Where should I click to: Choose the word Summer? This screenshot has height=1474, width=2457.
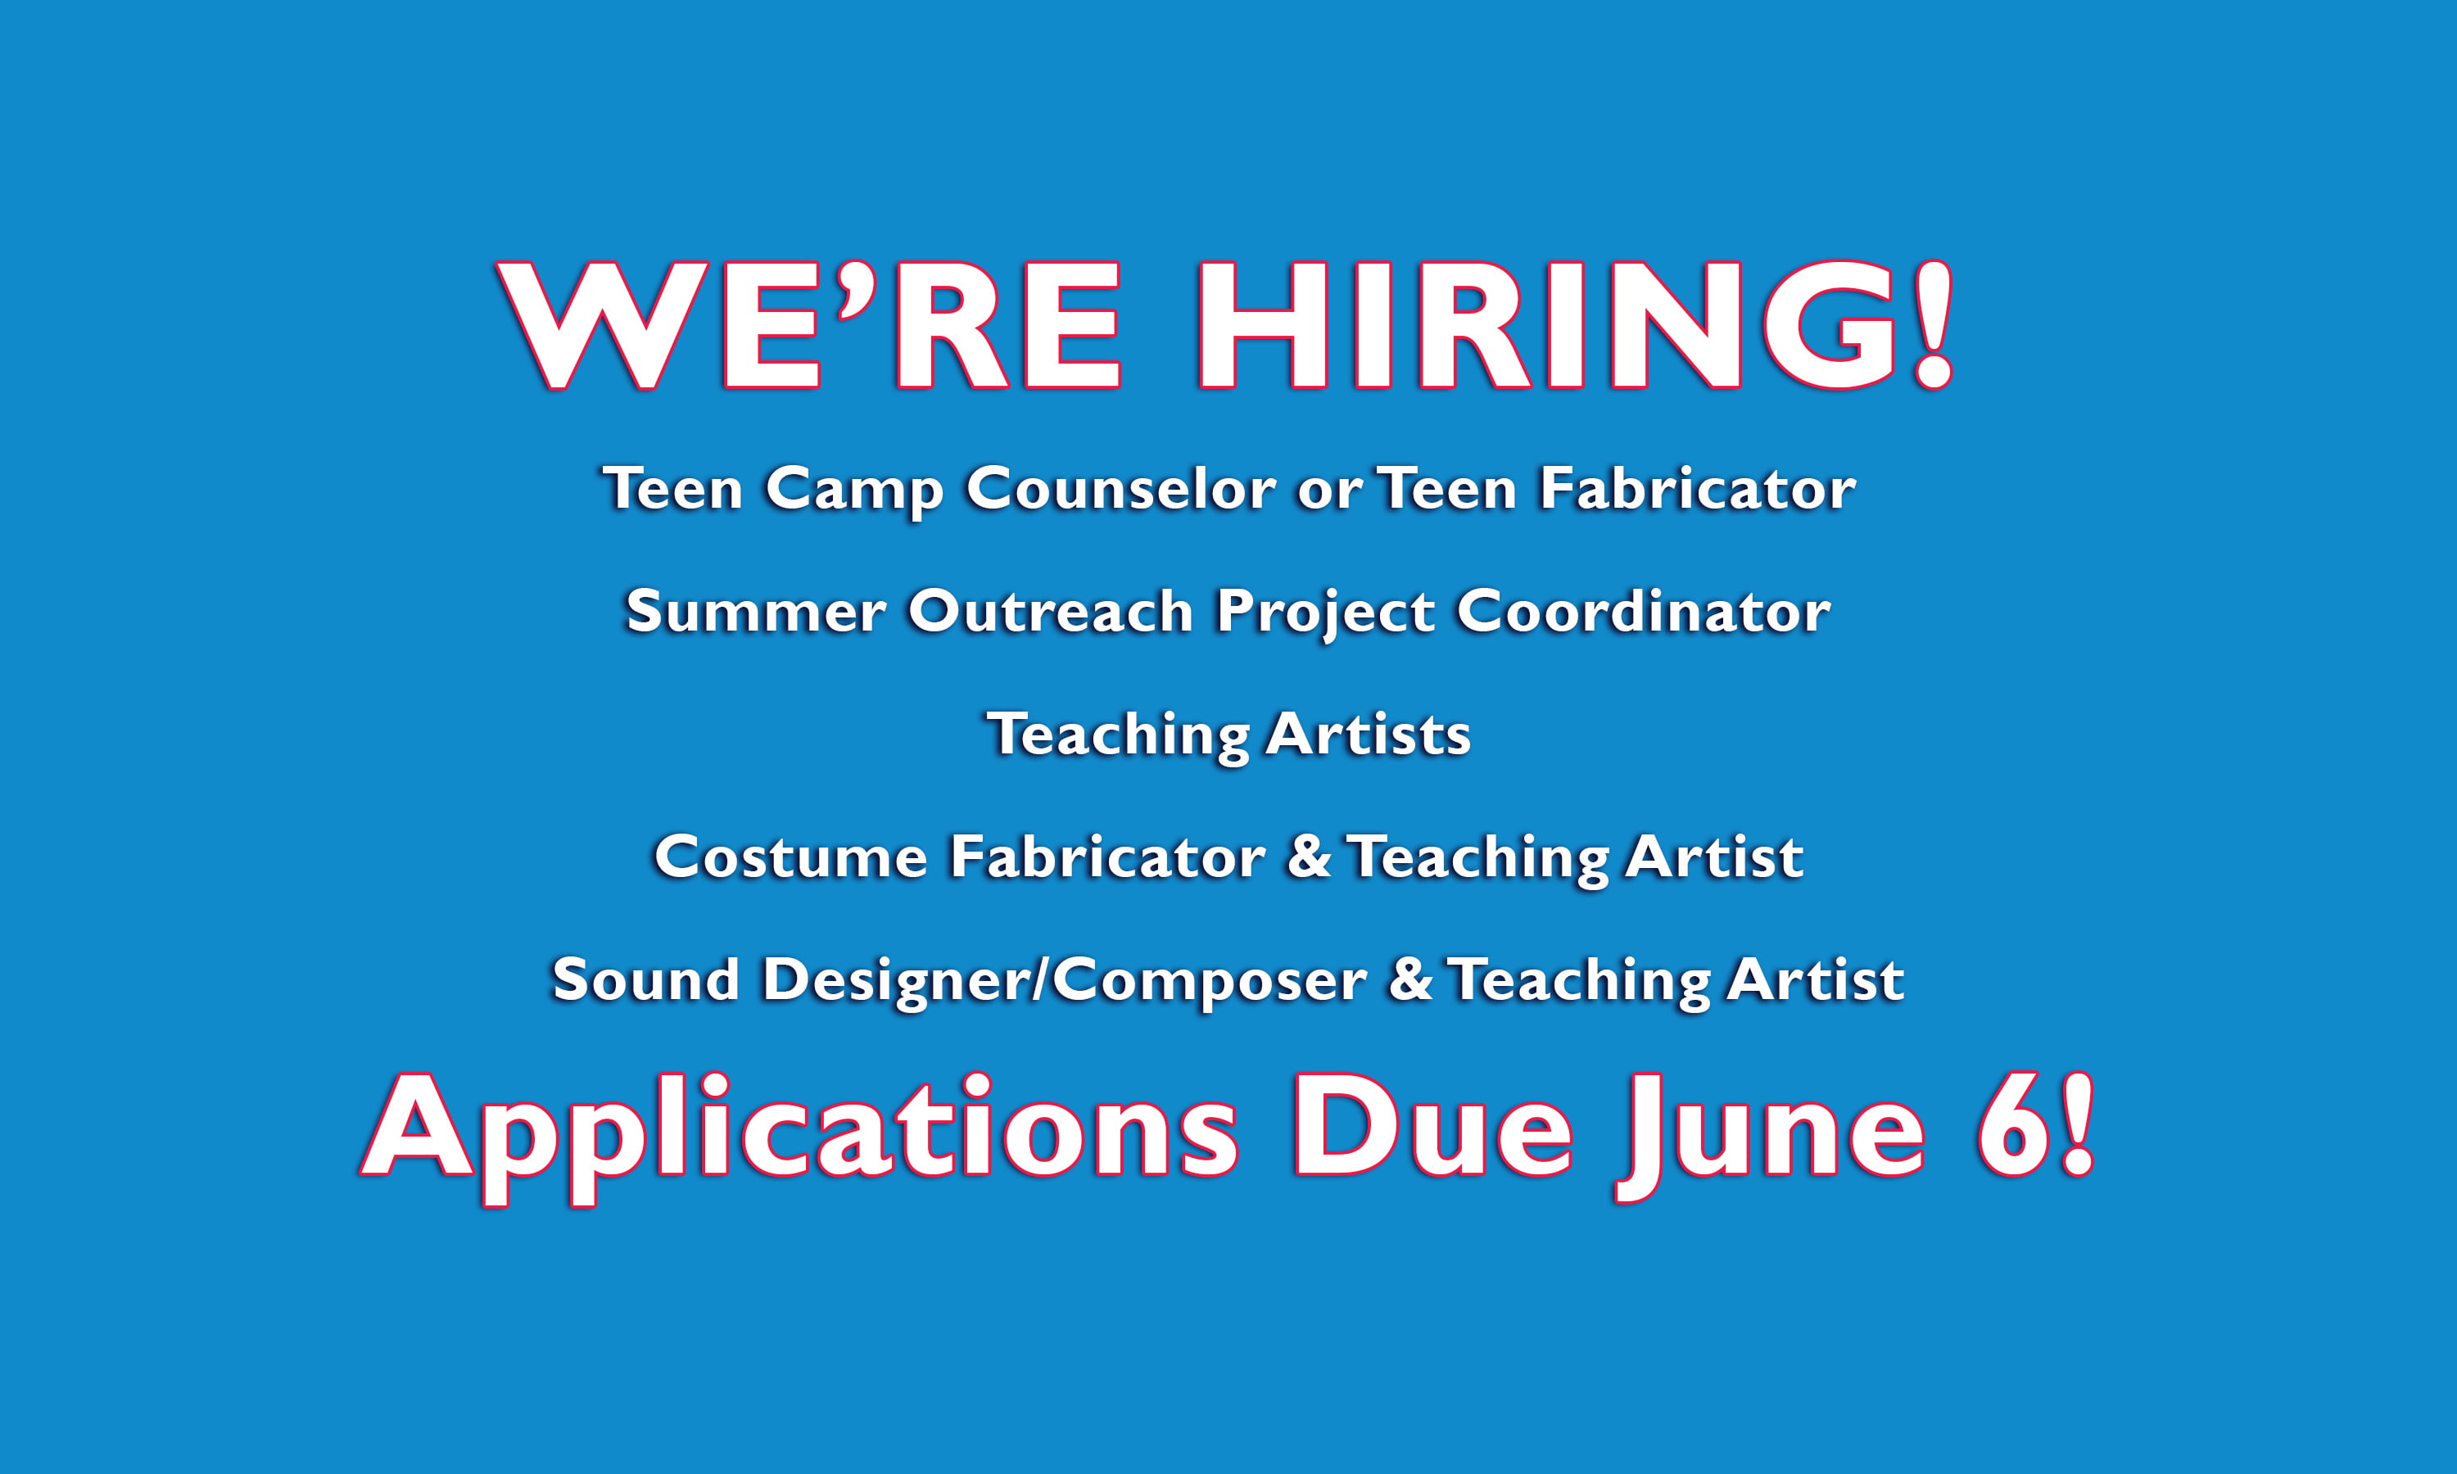point(756,612)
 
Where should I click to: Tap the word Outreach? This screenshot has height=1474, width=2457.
point(1050,611)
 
